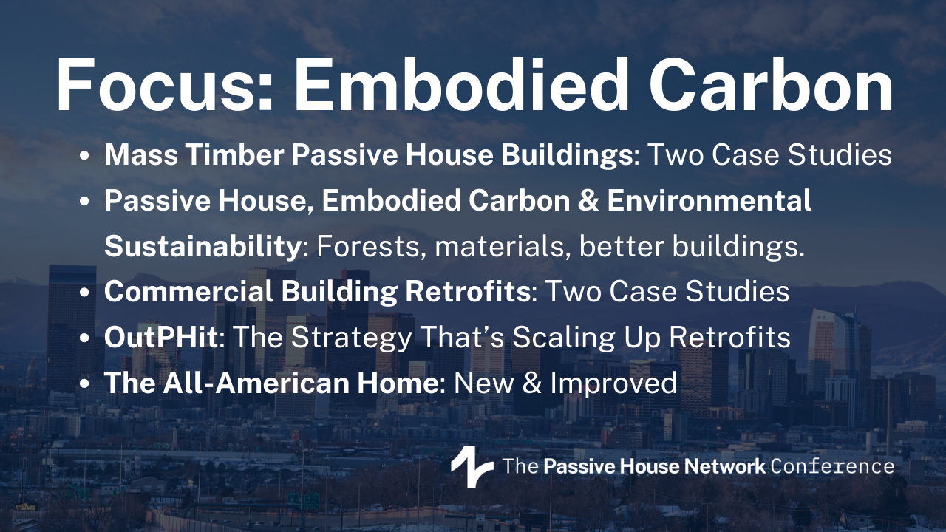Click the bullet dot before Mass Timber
[x=84, y=155]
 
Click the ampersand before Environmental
[x=588, y=200]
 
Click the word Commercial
[x=188, y=291]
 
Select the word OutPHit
[x=161, y=337]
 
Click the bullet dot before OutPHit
[x=84, y=338]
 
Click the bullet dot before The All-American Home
[x=84, y=383]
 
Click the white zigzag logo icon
[x=472, y=466]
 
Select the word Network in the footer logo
[x=724, y=466]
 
